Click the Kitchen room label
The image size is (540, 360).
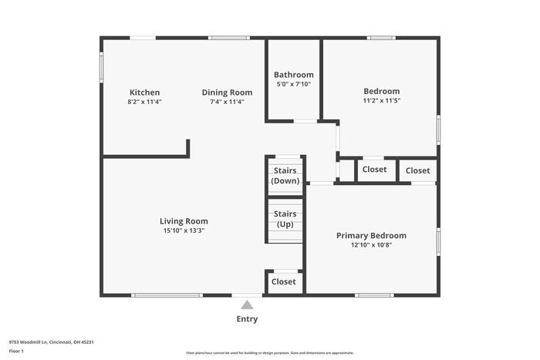tap(145, 93)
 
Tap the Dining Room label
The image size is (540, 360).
tap(227, 93)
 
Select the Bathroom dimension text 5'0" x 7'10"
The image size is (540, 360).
tap(294, 84)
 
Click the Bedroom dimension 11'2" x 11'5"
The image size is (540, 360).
tap(382, 100)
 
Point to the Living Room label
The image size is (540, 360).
tap(184, 220)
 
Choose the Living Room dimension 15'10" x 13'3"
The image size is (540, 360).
tap(184, 230)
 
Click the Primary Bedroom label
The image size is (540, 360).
tap(371, 236)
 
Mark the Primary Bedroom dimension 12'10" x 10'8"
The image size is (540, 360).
tap(371, 245)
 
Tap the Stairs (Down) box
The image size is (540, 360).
tap(285, 176)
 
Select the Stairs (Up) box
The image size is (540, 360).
tap(285, 219)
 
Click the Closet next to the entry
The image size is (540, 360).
tap(284, 282)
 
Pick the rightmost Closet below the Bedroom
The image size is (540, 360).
tap(417, 170)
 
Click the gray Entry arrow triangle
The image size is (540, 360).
tap(247, 304)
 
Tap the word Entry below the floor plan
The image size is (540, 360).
tap(247, 319)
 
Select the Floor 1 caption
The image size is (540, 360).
tap(16, 351)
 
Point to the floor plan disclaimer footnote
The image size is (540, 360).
tap(269, 352)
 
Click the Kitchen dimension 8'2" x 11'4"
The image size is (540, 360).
tap(145, 101)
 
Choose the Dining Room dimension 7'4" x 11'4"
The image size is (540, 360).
tap(227, 101)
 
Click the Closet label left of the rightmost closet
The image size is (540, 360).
tap(374, 170)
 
